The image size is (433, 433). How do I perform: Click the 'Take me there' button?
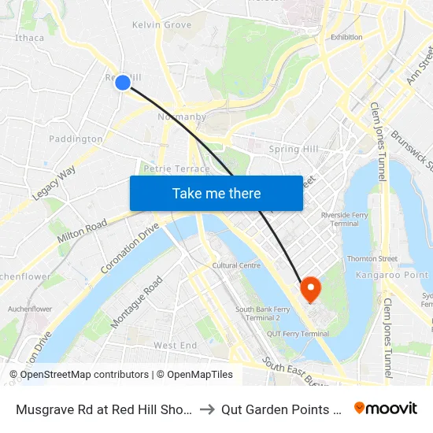[216, 193]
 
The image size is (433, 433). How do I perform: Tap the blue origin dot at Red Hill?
[123, 82]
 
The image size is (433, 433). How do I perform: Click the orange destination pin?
[310, 289]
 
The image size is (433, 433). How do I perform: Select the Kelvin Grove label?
[161, 25]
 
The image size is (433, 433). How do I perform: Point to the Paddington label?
[76, 139]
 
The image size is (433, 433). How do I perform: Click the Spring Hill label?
[294, 149]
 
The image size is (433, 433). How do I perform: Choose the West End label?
[175, 346]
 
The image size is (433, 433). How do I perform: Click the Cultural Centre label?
[236, 266]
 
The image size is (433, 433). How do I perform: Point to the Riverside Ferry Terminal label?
[340, 219]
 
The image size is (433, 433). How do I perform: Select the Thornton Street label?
[372, 258]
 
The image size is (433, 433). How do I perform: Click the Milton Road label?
[82, 231]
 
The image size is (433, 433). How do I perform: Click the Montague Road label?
[137, 302]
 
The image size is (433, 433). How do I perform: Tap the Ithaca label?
[29, 37]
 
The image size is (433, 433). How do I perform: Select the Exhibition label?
[346, 37]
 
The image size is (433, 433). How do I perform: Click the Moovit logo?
[386, 408]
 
